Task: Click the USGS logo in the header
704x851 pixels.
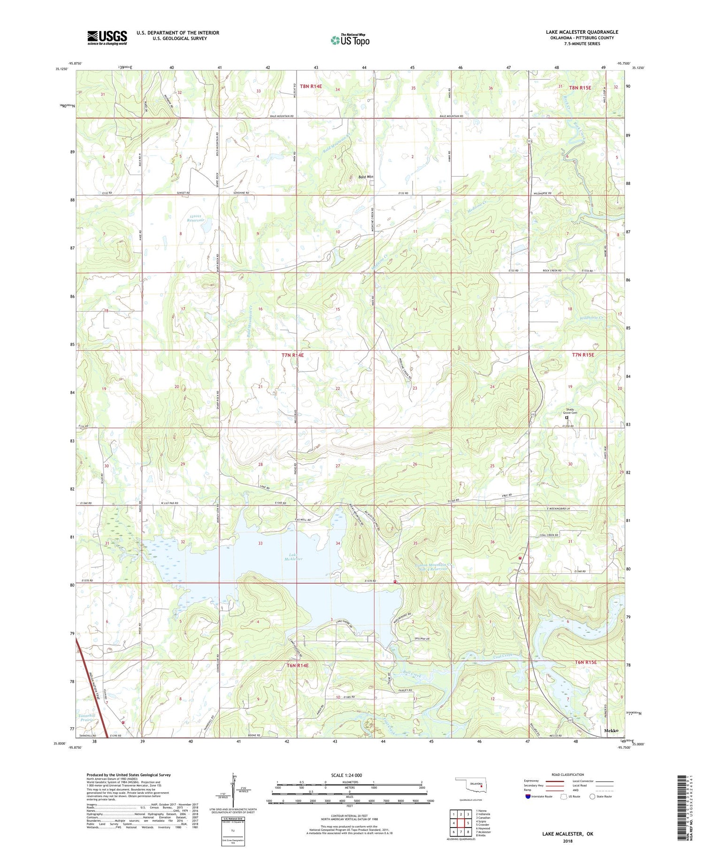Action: click(x=107, y=38)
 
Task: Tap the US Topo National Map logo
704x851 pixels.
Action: click(x=350, y=40)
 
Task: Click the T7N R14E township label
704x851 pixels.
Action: click(x=292, y=355)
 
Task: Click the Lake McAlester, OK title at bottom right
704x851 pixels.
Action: click(x=567, y=834)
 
